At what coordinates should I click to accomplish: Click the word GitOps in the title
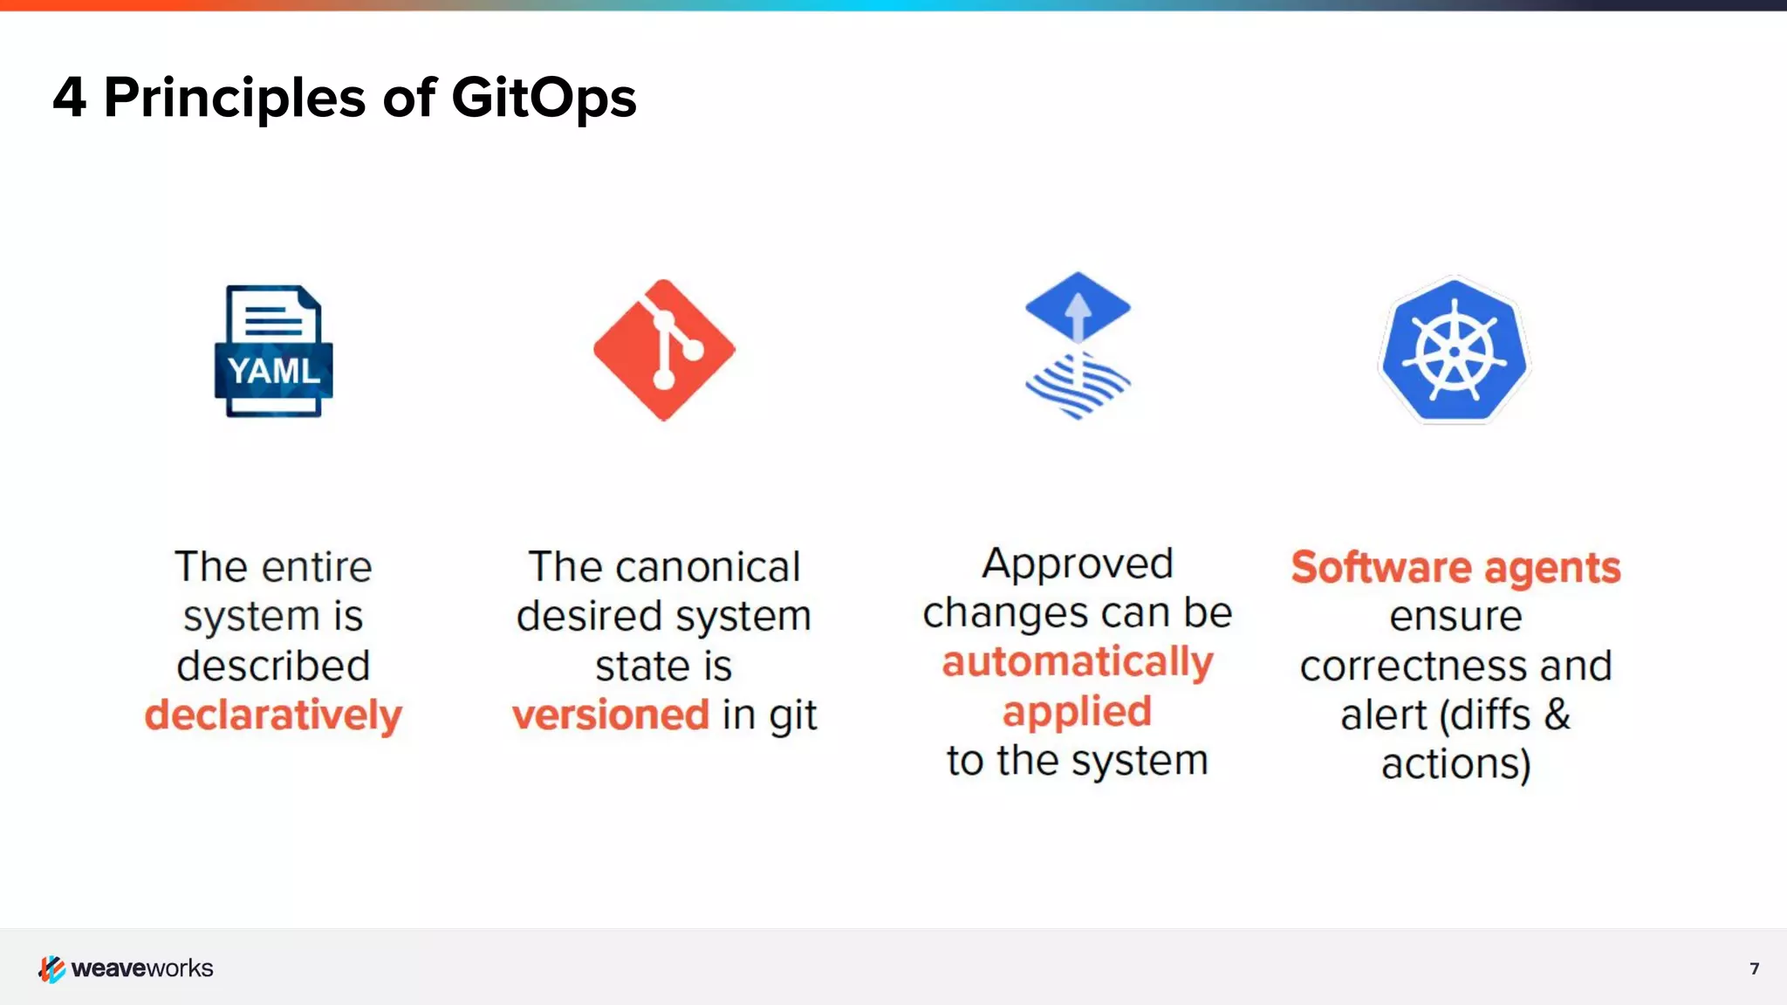[x=544, y=98]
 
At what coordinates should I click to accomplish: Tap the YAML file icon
[x=274, y=351]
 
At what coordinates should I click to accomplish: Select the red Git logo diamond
[x=664, y=350]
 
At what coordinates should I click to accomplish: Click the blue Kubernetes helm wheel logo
[x=1454, y=351]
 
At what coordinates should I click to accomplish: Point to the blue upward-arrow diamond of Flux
[x=1078, y=306]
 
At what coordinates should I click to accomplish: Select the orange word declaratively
[x=273, y=714]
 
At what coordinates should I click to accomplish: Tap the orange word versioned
[x=610, y=714]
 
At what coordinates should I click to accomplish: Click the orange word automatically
[x=1078, y=661]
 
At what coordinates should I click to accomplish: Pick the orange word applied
[x=1077, y=711]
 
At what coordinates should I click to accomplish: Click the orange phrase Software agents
[x=1455, y=567]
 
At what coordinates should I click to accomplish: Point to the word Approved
[x=1078, y=564]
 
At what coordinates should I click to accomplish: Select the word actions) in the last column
[x=1455, y=764]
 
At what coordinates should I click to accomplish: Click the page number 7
[x=1754, y=968]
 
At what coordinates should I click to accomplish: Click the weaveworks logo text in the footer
[x=142, y=968]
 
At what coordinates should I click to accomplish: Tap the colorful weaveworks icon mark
[x=51, y=968]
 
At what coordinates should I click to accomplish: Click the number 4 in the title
[x=70, y=98]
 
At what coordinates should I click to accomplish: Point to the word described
[x=273, y=666]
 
